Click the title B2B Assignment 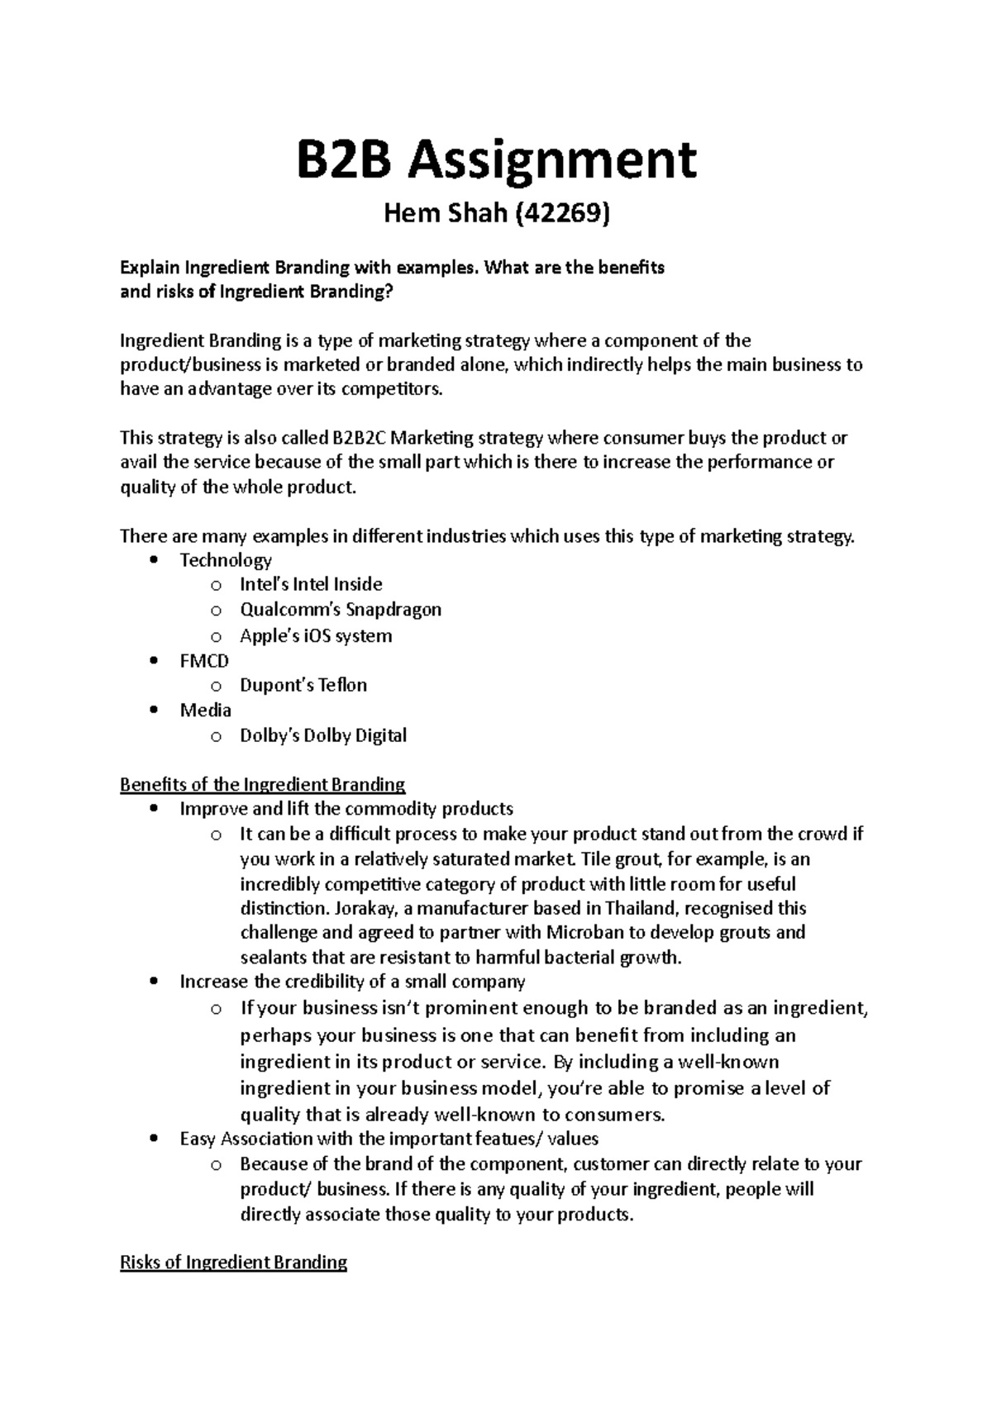tap(496, 160)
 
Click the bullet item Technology tap(226, 560)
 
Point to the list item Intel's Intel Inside tap(311, 585)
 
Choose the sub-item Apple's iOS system tap(316, 635)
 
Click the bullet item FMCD tap(204, 661)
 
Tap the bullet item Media tap(206, 711)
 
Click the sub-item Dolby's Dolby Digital tap(323, 735)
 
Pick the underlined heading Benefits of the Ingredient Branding tap(263, 784)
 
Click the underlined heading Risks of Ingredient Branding tap(233, 1263)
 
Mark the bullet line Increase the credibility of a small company tap(352, 982)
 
